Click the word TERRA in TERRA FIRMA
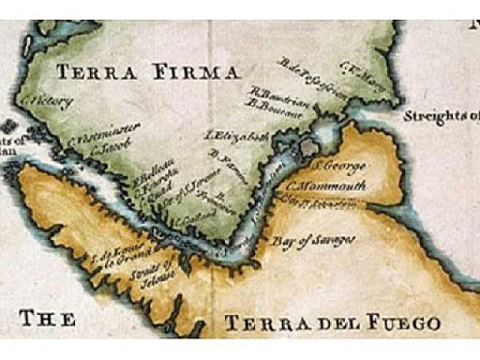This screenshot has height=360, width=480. (x=91, y=71)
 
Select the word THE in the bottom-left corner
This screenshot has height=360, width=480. (x=47, y=319)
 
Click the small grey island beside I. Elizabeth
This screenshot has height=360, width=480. (x=309, y=146)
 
